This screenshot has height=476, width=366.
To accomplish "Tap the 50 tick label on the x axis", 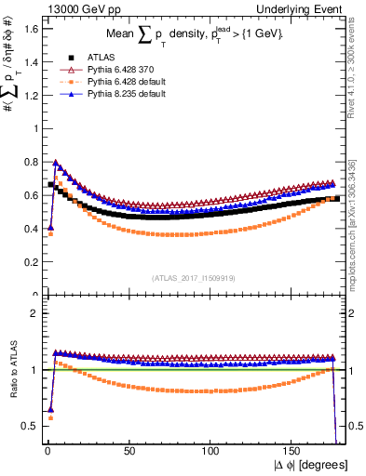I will click(x=128, y=452).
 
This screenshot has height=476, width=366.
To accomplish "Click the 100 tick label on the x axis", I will click(x=210, y=452).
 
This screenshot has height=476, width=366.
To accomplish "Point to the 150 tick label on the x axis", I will click(x=294, y=452).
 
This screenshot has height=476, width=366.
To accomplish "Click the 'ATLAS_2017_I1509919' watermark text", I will click(x=193, y=277).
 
